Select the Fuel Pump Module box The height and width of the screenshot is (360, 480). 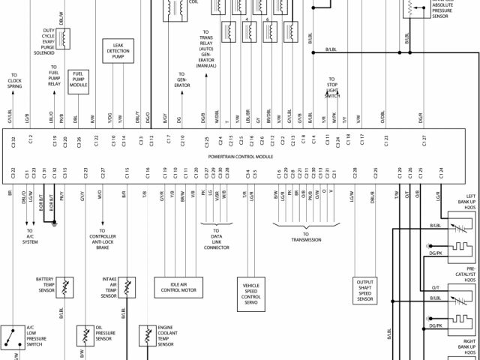79,80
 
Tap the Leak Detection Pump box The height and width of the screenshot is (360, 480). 118,51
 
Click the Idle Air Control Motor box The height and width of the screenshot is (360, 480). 181,286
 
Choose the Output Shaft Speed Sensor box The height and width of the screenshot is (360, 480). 364,290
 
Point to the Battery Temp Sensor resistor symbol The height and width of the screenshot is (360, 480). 67,286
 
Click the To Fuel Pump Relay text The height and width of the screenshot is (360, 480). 54,79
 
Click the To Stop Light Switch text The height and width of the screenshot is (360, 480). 331,87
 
